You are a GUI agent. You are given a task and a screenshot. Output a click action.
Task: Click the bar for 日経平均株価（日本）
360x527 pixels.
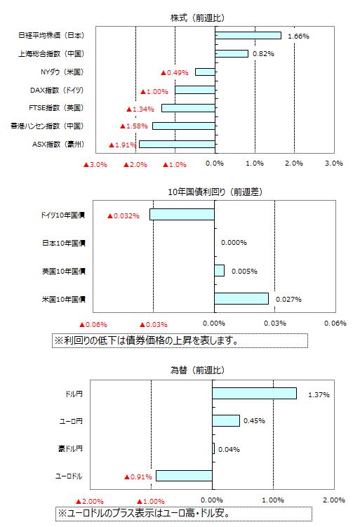[x=248, y=35]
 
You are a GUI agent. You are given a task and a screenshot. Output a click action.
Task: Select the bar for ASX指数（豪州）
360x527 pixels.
[x=177, y=144]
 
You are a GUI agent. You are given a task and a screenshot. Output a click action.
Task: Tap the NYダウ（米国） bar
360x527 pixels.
[x=205, y=72]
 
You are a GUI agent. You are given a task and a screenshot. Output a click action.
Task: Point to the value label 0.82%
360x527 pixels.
[x=263, y=54]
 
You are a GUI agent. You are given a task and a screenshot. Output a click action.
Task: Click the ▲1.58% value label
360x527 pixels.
[x=134, y=126]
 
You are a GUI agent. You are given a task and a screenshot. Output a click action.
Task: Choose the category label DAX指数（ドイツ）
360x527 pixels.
[x=57, y=90]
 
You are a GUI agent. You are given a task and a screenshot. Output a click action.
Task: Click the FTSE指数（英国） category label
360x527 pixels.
[x=56, y=108]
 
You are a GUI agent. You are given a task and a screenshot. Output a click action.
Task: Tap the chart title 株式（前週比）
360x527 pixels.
[x=197, y=18]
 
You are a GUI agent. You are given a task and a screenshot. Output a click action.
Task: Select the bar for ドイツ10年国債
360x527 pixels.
[x=182, y=215]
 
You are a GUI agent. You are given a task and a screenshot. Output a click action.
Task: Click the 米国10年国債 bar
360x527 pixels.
[x=241, y=298]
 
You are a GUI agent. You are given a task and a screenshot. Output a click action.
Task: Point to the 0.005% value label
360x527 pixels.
[x=244, y=272]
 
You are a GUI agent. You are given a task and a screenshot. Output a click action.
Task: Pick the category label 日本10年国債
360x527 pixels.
[x=64, y=243]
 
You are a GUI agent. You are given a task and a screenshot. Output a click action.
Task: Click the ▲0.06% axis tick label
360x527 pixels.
[x=93, y=324]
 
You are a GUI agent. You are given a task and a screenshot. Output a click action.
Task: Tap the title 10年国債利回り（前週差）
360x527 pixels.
[x=215, y=192]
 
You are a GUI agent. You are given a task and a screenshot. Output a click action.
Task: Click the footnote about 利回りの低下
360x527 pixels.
[x=180, y=340]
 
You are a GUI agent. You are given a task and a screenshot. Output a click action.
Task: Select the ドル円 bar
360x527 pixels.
[x=255, y=393]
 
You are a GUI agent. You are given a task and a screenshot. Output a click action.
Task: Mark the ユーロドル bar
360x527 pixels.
[x=184, y=476]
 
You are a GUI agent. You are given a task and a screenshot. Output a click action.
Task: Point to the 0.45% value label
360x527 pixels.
[x=254, y=421]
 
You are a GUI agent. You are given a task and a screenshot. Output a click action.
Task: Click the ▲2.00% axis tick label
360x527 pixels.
[x=89, y=501]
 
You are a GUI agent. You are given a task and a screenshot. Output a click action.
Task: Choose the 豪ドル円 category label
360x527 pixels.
[x=70, y=448]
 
